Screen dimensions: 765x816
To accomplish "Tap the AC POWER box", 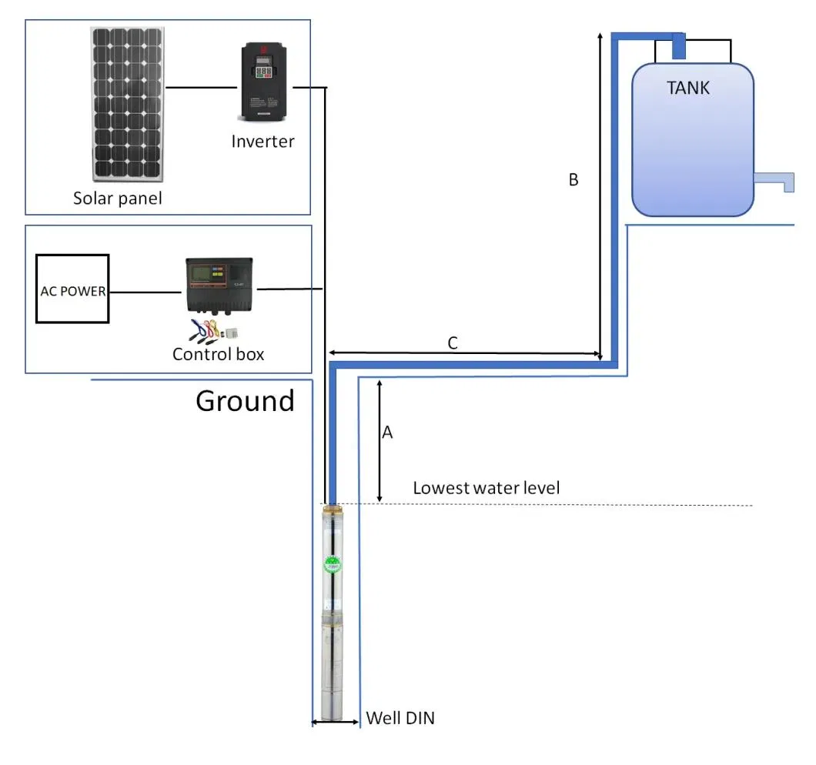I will tap(72, 292).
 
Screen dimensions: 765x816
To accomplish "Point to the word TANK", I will tap(687, 88).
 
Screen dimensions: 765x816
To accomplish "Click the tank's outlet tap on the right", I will tap(774, 181).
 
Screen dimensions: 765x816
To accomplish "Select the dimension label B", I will tap(573, 180).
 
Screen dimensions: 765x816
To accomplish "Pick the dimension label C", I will tap(453, 343).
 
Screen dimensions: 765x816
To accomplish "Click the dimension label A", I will tap(388, 433).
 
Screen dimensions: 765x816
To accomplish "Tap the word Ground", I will tap(245, 401).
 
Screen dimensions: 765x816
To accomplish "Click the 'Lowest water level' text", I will tap(486, 488).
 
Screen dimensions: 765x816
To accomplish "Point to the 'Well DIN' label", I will tap(400, 719).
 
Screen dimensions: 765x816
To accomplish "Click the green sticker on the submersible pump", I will tap(333, 565).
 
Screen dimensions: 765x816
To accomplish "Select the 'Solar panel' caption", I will tap(118, 199).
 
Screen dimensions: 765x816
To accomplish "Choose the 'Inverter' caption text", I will tap(263, 142).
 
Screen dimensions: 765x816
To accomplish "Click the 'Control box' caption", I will tap(218, 354).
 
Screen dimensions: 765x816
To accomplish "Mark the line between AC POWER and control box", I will tap(146, 292).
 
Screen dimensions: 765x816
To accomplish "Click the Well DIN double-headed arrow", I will tap(335, 722).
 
